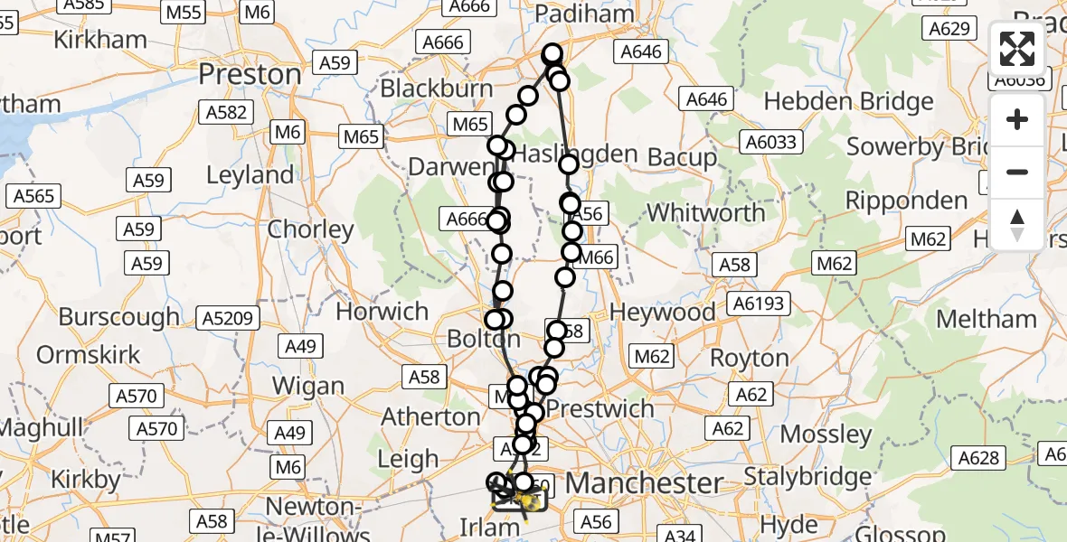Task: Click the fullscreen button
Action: point(1017,49)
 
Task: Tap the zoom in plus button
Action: point(1017,119)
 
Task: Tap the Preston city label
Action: point(250,73)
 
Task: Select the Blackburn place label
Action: point(437,89)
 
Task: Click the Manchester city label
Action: point(643,482)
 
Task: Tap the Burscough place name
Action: point(119,317)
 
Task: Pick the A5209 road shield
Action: point(230,318)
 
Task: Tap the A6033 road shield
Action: point(769,142)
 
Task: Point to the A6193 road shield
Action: point(760,304)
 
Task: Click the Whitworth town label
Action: point(706,213)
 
